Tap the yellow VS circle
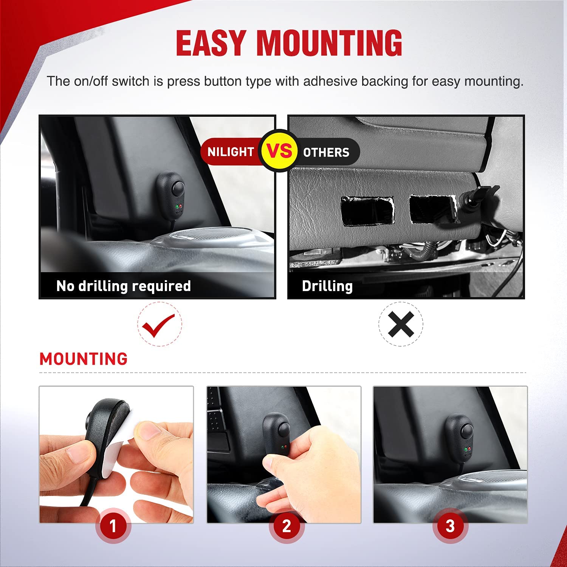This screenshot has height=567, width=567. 280,151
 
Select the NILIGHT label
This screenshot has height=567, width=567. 231,152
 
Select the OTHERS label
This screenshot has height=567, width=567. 326,152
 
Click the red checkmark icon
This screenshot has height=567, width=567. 159,324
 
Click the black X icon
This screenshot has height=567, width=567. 401,324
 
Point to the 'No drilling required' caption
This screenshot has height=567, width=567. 124,286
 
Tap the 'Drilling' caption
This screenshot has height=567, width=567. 327,286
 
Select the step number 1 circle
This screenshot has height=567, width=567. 113,526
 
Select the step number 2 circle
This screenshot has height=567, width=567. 287,526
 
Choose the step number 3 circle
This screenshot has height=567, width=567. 450,526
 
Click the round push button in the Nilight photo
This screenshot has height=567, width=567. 175,187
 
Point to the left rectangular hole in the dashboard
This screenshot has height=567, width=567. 367,210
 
